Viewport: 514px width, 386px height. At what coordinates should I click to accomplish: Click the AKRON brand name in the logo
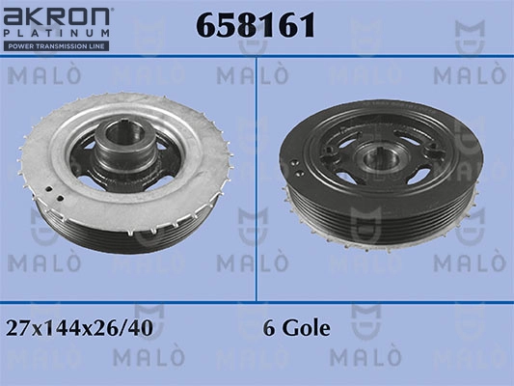coord(56,16)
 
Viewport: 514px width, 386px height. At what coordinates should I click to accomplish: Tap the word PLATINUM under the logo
coord(56,33)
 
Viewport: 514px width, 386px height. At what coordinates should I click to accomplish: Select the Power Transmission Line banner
coord(56,46)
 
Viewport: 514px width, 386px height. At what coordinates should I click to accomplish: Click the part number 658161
coord(256,24)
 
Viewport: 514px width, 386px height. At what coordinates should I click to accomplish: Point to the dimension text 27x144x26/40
coord(79,328)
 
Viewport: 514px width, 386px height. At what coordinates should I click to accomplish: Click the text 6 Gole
coord(296,328)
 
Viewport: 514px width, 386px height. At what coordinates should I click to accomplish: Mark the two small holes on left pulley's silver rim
coord(55,194)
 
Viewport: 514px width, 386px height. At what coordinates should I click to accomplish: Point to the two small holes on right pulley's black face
coord(296,167)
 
